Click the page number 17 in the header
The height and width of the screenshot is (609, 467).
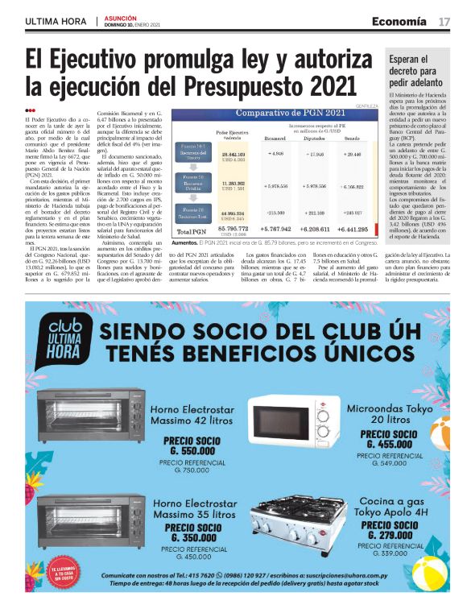point(444,22)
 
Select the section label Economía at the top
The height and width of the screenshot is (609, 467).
point(399,22)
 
